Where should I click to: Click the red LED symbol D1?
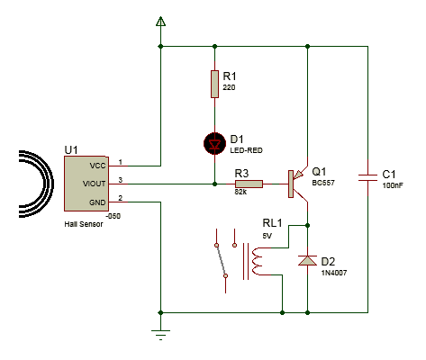pos(214,144)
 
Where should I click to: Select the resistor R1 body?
pos(214,84)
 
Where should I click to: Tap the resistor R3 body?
pos(249,184)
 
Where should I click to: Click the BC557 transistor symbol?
pos(298,184)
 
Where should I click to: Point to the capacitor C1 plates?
pos(367,177)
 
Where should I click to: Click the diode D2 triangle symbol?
pos(307,260)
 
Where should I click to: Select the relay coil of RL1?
pos(258,261)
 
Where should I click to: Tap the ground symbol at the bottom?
pos(160,335)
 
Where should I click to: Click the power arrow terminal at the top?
pos(160,22)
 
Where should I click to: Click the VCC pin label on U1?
pos(97,166)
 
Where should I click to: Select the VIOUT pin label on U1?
pos(95,184)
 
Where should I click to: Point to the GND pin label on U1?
pos(97,202)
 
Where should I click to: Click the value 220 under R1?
pos(229,87)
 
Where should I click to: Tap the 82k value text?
pos(240,192)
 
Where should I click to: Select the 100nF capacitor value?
pos(393,185)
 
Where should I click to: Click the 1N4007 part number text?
pos(334,273)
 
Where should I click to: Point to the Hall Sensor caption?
pos(84,224)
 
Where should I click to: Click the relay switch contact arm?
pos(221,260)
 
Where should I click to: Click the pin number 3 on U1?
pos(121,180)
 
